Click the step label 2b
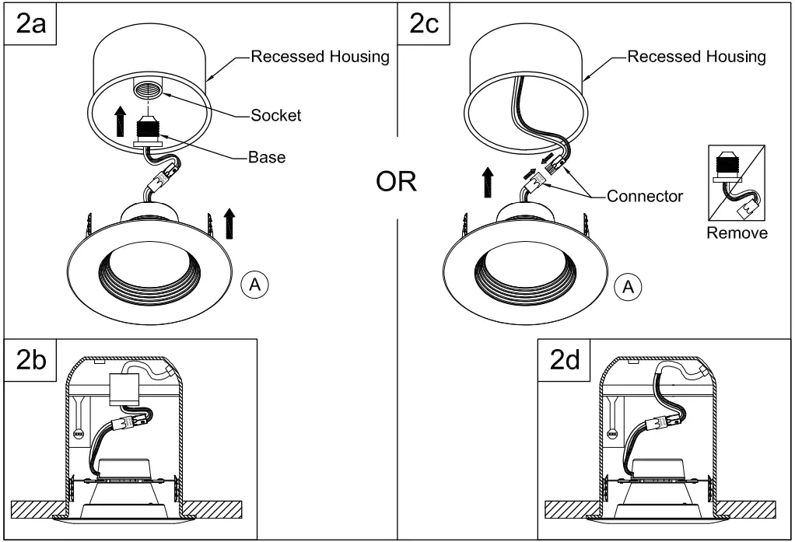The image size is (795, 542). (31, 362)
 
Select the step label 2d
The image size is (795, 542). (566, 362)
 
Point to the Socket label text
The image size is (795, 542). (275, 116)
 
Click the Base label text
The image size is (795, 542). (266, 157)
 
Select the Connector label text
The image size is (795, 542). (645, 196)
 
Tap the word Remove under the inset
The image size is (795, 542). (737, 233)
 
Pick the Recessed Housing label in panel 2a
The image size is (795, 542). (320, 57)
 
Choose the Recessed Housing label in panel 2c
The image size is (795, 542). (696, 57)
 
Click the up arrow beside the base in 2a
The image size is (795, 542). (120, 123)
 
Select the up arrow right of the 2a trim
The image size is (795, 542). (229, 222)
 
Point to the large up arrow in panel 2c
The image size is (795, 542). (487, 184)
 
